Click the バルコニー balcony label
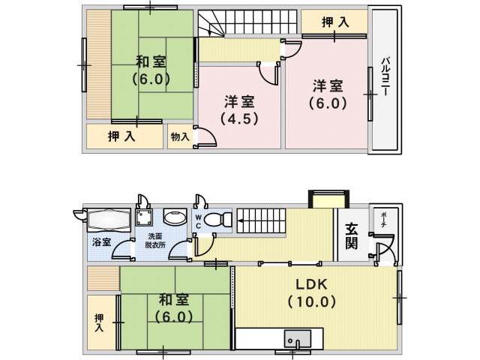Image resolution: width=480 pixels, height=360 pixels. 385,76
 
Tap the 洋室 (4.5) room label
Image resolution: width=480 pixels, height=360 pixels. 240,110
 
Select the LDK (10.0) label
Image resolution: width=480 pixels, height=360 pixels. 312,293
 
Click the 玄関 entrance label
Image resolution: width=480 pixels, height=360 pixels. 352,236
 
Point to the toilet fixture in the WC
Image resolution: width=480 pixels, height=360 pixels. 218,219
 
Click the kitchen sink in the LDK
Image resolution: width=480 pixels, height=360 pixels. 297,338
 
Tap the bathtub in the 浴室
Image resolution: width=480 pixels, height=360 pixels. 109,220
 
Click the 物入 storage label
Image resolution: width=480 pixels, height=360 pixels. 180,136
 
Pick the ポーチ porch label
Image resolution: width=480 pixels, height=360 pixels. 383,220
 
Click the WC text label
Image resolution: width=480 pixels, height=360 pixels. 198,222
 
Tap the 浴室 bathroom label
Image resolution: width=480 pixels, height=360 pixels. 101,242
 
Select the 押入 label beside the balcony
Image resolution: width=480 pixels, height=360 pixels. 335,22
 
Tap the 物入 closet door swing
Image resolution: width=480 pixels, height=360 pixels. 206,136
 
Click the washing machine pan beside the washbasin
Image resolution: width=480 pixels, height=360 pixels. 144,217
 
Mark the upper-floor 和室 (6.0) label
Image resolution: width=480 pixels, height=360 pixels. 151,70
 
